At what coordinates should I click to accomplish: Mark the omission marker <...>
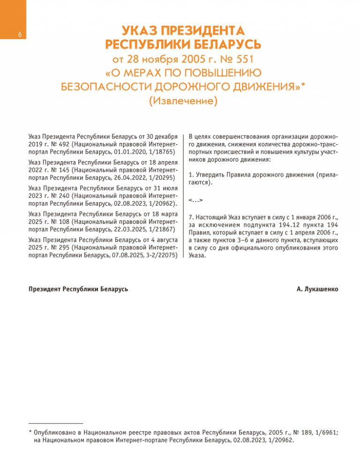tap(195, 201)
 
